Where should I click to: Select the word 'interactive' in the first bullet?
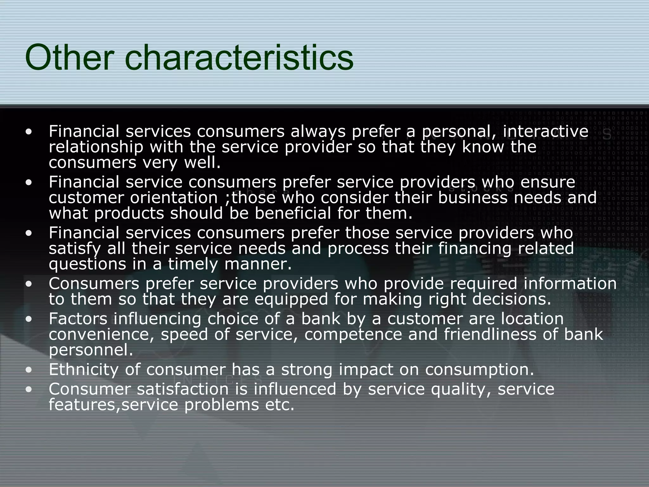pyautogui.click(x=545, y=132)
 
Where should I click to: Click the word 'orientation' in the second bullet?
pyautogui.click(x=174, y=198)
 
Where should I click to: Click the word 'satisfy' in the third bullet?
pyautogui.click(x=75, y=249)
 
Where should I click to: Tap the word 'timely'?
pyautogui.click(x=193, y=264)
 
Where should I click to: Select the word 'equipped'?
pyautogui.click(x=291, y=299)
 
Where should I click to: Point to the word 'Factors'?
pyautogui.click(x=78, y=319)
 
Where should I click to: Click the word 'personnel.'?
pyautogui.click(x=91, y=350)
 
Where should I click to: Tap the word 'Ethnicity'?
pyautogui.click(x=83, y=370)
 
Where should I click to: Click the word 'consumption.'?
pyautogui.click(x=479, y=370)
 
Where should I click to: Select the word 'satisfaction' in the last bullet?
pyautogui.click(x=183, y=389)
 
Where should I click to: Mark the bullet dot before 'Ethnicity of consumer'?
pyautogui.click(x=29, y=370)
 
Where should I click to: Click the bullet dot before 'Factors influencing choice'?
pyautogui.click(x=29, y=319)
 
